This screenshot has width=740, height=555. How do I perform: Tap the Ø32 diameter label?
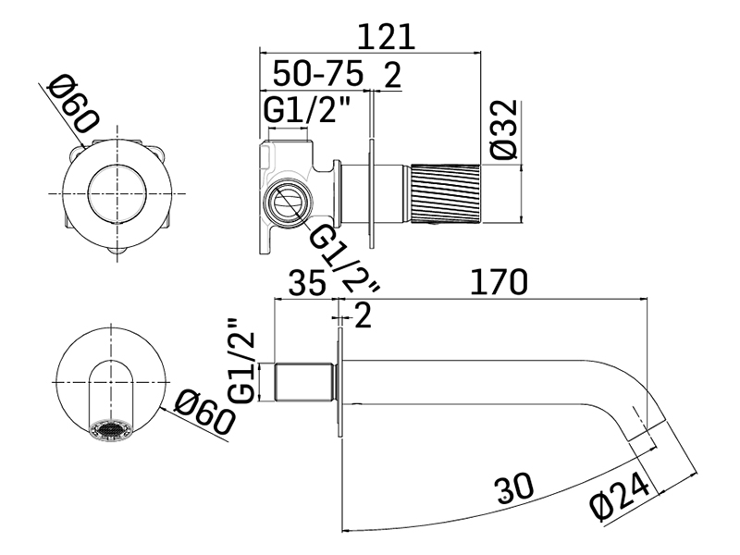click(x=507, y=131)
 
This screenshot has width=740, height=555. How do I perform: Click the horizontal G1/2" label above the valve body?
click(x=307, y=110)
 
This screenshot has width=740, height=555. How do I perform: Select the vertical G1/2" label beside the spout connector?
click(x=242, y=361)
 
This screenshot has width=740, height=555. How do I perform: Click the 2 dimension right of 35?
click(x=363, y=317)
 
